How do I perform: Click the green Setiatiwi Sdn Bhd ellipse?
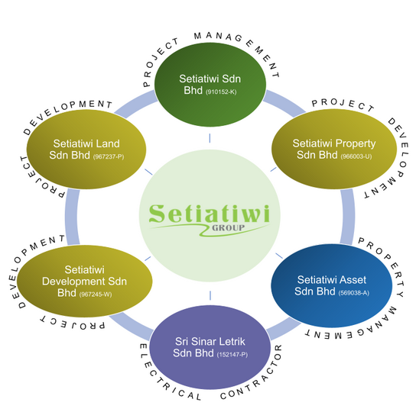[210, 85]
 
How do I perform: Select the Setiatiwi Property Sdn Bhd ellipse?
[334, 149]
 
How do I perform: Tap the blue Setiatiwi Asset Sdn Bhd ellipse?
[332, 285]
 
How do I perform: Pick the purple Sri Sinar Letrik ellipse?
[210, 347]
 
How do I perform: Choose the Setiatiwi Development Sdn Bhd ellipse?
[85, 281]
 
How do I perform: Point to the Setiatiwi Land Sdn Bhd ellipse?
[86, 150]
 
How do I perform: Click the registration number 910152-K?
[221, 92]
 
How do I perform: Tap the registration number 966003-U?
[356, 156]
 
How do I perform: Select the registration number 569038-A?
[353, 293]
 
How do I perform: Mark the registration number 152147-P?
[232, 355]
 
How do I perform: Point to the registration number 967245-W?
[96, 295]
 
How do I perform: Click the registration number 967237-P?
[109, 156]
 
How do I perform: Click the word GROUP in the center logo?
[228, 227]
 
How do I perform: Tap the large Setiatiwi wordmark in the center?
[210, 214]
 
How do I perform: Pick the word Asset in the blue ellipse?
[353, 280]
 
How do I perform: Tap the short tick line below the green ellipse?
[210, 138]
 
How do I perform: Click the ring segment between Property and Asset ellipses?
[347, 217]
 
